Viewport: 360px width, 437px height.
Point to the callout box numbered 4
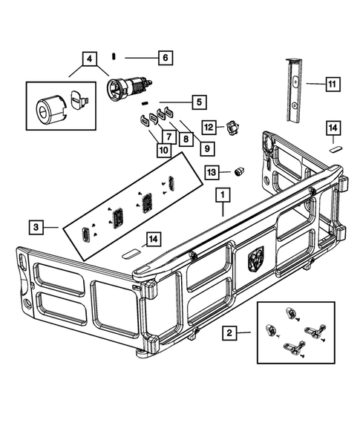point(89,57)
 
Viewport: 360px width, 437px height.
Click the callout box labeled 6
point(164,57)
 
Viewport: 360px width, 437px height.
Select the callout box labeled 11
point(331,85)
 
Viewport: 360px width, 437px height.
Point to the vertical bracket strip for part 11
point(294,90)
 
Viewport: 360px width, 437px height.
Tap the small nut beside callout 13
point(240,171)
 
